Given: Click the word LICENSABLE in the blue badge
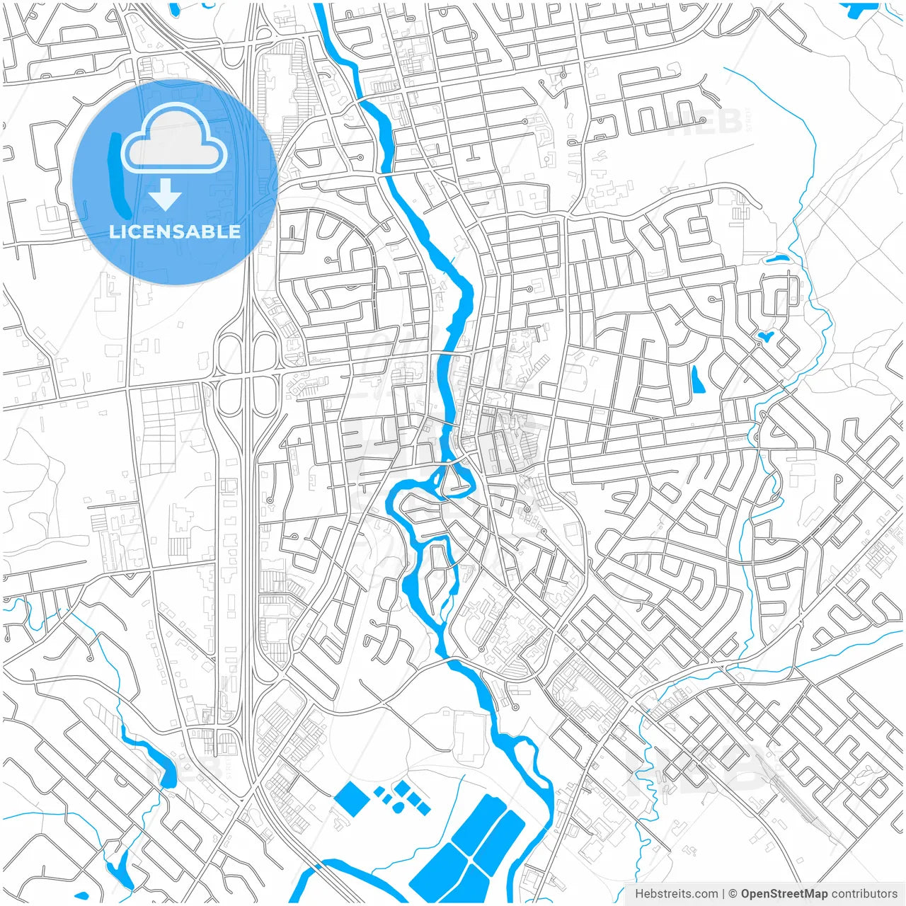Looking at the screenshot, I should point(175,231).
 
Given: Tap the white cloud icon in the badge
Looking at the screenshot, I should point(174,140).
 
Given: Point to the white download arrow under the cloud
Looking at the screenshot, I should point(165,194).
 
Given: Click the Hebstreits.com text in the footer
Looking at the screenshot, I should point(676,894).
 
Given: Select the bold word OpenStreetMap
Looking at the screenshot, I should point(784,894).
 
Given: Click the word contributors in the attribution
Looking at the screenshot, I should point(864,894).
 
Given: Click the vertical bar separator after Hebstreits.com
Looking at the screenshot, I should point(723,894).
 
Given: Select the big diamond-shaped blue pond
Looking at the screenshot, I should point(352,798).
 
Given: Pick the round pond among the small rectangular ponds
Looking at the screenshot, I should point(399,807).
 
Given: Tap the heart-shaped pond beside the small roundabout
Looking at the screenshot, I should point(765,335).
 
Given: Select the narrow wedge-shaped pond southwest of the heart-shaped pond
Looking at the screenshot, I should point(697,380).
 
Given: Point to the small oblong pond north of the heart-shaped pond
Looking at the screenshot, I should point(776,259).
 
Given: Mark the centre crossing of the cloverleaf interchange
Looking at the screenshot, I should point(247,374).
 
